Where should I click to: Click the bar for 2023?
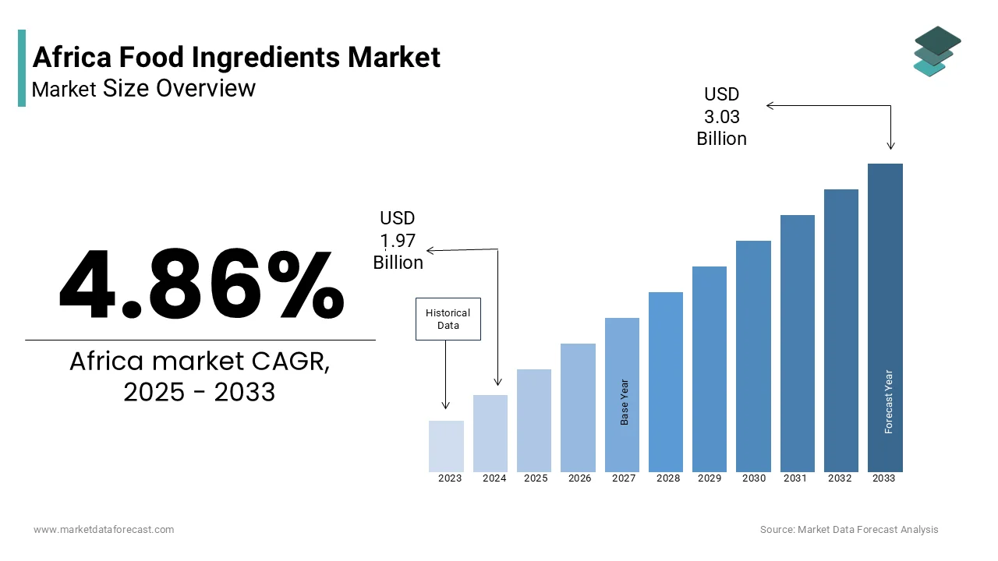tap(446, 446)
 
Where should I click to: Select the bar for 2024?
tap(490, 433)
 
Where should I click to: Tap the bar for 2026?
tap(578, 408)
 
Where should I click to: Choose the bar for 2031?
tap(798, 343)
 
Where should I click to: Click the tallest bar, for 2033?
tap(885, 317)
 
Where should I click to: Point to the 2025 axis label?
tap(536, 478)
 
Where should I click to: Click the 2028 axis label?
tap(668, 478)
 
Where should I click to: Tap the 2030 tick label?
tap(754, 478)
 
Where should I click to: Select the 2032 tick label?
tap(840, 478)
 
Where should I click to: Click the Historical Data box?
tap(448, 319)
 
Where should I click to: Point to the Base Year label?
tap(625, 402)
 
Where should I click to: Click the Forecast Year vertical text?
tap(888, 401)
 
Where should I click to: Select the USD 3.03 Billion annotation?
tap(721, 116)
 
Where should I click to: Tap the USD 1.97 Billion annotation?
tap(398, 240)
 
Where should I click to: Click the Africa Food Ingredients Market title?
tap(236, 57)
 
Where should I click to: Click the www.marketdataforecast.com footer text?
tap(104, 530)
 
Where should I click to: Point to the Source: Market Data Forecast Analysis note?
tap(849, 530)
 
